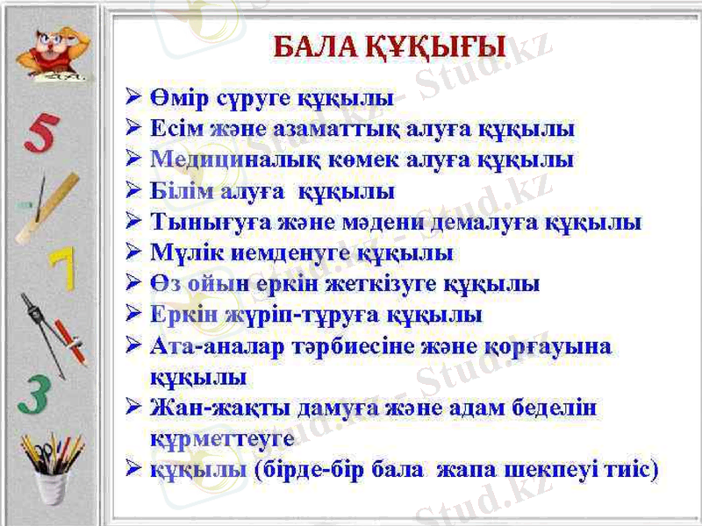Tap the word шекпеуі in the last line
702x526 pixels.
coord(549,469)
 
